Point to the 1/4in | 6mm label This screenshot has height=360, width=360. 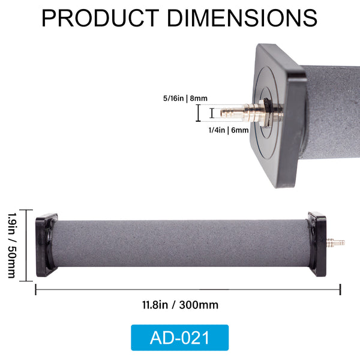[227, 128]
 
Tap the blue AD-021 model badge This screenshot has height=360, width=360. [180, 337]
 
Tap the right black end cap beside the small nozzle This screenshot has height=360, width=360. [317, 244]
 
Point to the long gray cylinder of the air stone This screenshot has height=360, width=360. [180, 242]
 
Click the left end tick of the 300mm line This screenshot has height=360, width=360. [36, 290]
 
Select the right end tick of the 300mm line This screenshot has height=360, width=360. [340, 290]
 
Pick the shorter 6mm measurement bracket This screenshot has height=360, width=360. [211, 113]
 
